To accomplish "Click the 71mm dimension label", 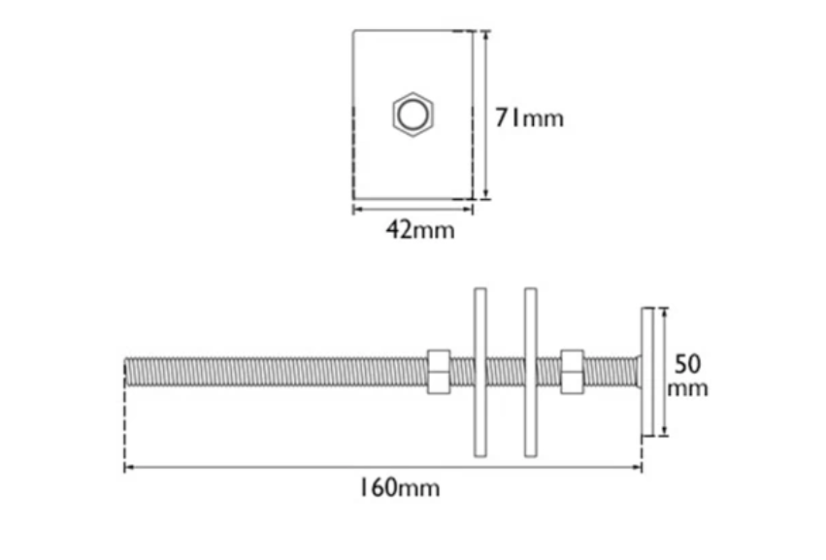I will (x=529, y=118).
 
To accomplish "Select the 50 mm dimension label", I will (x=687, y=376).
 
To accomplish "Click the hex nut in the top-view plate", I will (x=413, y=115).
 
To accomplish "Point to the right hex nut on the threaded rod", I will (x=572, y=372).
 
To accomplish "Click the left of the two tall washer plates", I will (x=480, y=372).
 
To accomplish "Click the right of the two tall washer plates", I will (x=530, y=372).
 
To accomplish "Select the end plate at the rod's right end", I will (x=646, y=372).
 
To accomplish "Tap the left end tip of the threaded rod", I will (x=128, y=372).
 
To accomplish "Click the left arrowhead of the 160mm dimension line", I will (x=128, y=468).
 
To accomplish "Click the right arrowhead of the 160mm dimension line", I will (x=639, y=468).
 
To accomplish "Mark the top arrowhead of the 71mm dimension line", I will (x=485, y=34).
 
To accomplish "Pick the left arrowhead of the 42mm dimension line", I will (x=356, y=208).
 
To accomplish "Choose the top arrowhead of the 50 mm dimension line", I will (x=665, y=312).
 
